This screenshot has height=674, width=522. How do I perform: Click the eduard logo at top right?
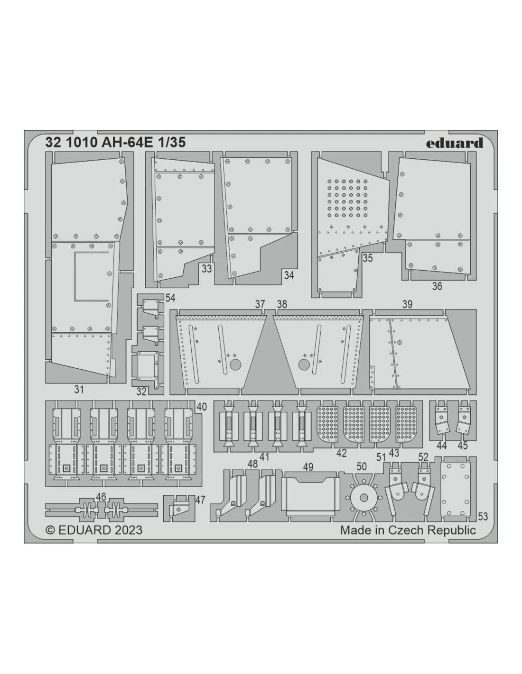[454, 143]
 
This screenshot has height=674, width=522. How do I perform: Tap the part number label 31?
[79, 390]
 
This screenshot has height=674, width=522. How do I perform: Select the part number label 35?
[367, 258]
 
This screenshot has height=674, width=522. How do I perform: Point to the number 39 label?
[407, 304]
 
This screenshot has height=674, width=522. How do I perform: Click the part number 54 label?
[170, 298]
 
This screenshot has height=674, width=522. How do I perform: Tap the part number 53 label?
[483, 517]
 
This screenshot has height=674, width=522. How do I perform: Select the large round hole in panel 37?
[236, 364]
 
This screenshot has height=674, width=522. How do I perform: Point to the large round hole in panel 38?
[304, 364]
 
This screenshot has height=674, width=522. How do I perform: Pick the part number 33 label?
[206, 268]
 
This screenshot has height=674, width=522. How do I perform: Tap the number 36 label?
[437, 286]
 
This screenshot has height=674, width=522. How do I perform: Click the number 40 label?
[201, 407]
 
